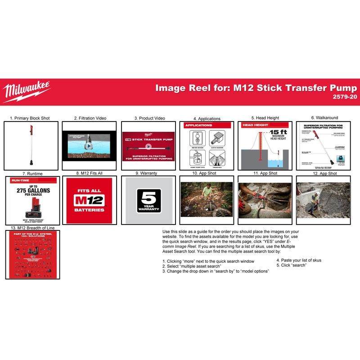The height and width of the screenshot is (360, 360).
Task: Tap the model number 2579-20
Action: (344, 97)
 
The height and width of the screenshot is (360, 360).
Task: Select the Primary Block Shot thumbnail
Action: (31, 145)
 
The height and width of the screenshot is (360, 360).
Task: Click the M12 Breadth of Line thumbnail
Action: (31, 255)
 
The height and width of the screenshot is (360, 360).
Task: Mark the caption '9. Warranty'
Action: (148, 173)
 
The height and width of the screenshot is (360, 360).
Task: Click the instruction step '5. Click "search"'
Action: (291, 265)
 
